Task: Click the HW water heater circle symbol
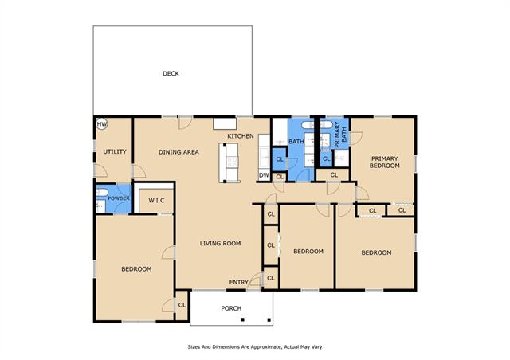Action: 102,124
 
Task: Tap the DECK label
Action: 171,74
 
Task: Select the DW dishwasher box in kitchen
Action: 264,175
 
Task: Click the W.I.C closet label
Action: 156,201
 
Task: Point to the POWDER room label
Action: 119,198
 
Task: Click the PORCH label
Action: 231,308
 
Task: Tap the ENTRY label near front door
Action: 239,282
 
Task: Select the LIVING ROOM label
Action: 220,243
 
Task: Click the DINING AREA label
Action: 178,152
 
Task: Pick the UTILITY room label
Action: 115,151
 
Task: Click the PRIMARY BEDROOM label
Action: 384,162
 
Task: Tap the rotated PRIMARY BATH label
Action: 340,135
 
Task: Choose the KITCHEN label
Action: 241,136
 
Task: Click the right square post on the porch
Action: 269,320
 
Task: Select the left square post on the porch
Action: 242,320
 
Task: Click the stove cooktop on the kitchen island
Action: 232,162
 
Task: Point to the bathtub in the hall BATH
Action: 308,125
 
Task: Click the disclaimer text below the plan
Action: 255,347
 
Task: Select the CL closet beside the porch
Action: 182,305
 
